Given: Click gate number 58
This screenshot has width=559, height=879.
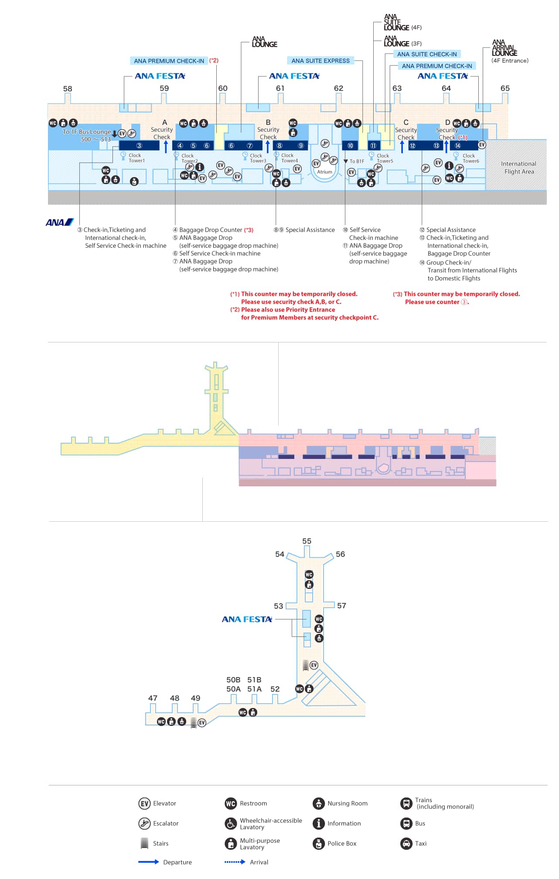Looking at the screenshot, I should coord(68,89).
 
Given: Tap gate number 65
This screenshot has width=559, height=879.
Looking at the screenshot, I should coord(505,88).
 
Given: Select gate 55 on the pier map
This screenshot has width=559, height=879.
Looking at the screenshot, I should coord(307,541).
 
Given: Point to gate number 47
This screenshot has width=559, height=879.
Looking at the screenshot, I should coord(153,698).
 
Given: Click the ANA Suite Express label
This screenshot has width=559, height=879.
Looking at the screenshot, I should coord(320,61).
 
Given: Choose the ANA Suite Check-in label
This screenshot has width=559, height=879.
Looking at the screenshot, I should coord(427,54).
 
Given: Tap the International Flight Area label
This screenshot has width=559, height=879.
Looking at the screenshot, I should coord(518,168).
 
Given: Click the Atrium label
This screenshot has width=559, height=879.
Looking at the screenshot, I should coord(324,172).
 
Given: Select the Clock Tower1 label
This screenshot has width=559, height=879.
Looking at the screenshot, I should coord(136,158).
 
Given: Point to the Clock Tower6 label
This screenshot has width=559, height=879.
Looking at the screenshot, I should coord(470,158).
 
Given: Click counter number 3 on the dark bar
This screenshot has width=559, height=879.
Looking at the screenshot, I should coord(139,146).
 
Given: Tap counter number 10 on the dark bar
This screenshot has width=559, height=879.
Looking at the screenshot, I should coord(350,146).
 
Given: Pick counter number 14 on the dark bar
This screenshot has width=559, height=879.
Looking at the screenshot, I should coord(458,146).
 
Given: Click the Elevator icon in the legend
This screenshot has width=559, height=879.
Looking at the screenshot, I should coord(144,803).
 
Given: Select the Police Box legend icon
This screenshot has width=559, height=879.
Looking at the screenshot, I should coord(319,843).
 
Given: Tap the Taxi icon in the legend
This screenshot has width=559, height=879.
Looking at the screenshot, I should coord(406,843).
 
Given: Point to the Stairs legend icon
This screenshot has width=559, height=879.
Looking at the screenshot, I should coord(144,843).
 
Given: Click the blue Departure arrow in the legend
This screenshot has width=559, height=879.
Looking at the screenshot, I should coord(149,862).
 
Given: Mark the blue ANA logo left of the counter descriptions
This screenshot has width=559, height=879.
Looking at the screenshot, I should coord(60,222).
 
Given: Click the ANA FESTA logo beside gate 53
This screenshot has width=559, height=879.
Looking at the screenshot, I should coord(247,619).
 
